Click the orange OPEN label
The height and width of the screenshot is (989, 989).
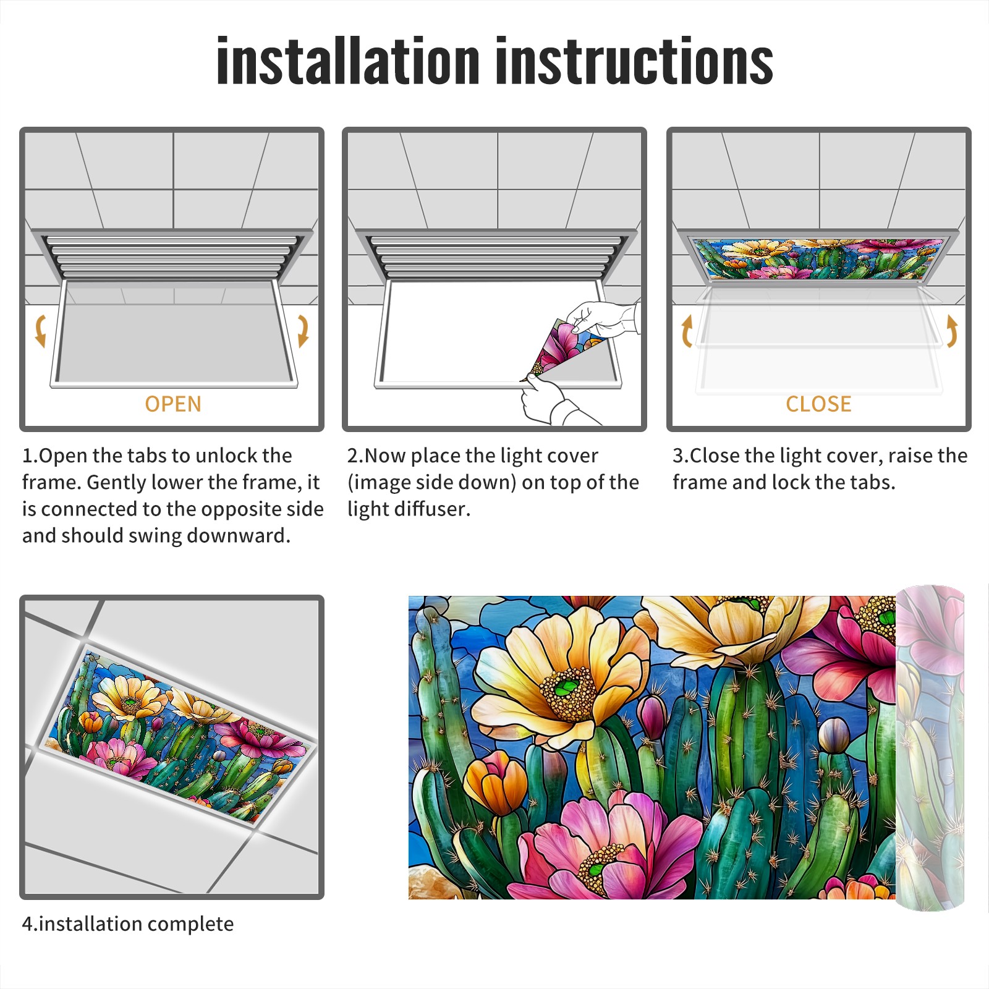click(173, 404)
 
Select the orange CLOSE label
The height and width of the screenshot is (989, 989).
click(818, 404)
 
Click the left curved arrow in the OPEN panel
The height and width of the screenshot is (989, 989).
click(40, 330)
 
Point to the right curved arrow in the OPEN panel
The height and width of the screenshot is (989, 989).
click(303, 330)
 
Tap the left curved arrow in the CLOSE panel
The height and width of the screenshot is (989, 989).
click(687, 330)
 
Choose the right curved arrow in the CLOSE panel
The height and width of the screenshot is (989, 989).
click(952, 330)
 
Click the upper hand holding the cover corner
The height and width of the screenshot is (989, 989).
click(603, 320)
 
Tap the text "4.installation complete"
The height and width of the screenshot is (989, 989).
click(128, 923)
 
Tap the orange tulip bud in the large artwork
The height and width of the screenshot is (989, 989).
click(495, 782)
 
